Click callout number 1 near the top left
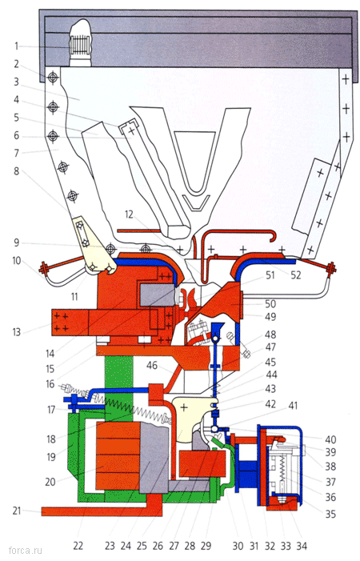(x=16, y=46)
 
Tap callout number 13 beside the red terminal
(x=17, y=332)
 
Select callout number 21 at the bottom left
(x=17, y=511)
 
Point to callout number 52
(x=296, y=274)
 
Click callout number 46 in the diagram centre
(x=152, y=365)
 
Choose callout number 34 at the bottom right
(x=302, y=546)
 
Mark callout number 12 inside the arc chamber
(x=129, y=214)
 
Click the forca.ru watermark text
(x=25, y=550)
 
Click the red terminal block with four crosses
(x=70, y=323)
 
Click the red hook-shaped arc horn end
(x=274, y=237)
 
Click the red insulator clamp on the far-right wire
(x=331, y=267)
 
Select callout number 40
(x=330, y=439)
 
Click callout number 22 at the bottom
(x=78, y=546)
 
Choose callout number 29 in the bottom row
(x=206, y=546)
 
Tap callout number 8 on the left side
(x=16, y=171)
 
